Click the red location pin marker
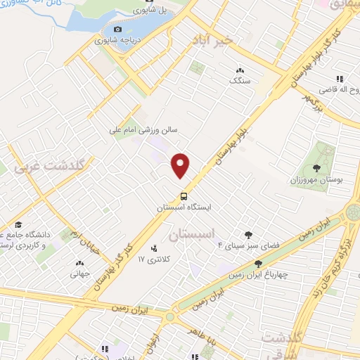tap(181, 165)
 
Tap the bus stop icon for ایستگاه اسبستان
tap(184, 196)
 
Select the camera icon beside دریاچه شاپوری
tap(118, 29)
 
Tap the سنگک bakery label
tap(239, 81)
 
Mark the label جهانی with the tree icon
tap(78, 275)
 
